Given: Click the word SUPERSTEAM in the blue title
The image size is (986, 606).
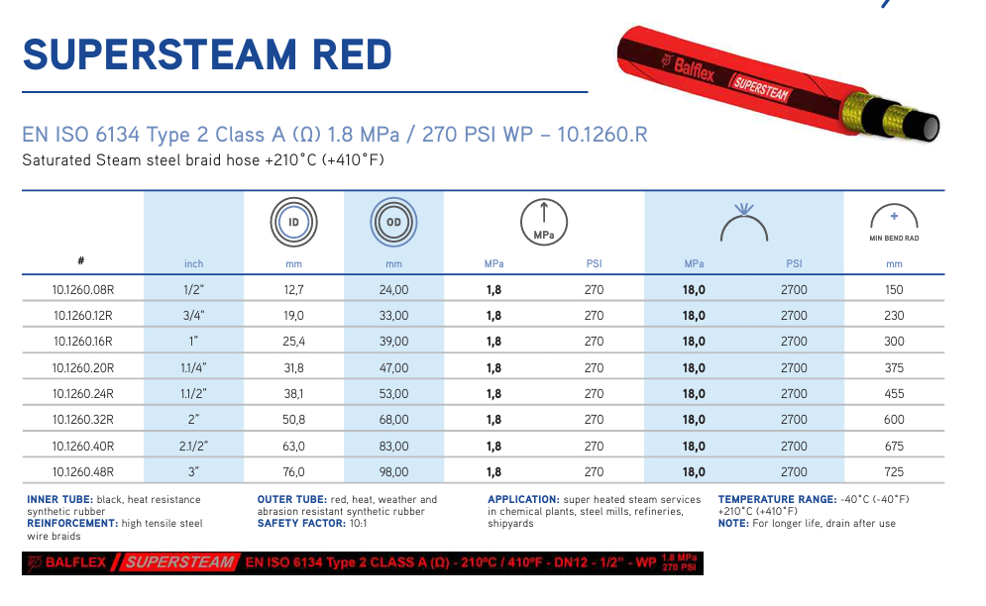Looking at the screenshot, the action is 160,54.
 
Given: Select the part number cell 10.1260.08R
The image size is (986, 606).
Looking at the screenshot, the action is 83,290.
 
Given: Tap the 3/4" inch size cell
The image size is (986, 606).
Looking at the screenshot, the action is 193,316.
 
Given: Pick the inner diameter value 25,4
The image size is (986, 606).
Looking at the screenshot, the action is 293,342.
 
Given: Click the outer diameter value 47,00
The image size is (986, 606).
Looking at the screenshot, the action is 393,367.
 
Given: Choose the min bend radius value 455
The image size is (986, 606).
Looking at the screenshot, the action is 894,393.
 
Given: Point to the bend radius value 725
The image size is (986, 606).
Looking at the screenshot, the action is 894,471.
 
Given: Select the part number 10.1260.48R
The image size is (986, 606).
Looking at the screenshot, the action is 83,471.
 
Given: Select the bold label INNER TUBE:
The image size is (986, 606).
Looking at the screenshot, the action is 59,500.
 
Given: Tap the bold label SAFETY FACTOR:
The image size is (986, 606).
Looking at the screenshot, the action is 301,523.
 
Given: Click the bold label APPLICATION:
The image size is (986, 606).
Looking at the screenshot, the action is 523,500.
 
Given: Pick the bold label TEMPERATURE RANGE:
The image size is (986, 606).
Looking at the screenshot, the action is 777,500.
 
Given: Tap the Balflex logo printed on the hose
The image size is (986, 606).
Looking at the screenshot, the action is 688,68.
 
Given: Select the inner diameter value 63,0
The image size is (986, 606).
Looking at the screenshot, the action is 293,446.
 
